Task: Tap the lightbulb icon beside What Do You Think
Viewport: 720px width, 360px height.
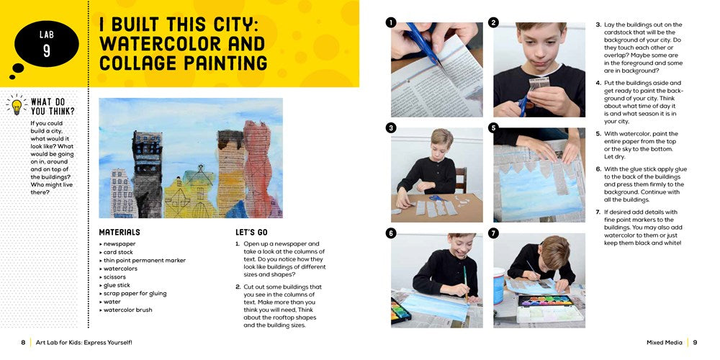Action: (x=15, y=105)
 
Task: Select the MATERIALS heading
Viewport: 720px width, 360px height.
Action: (x=120, y=233)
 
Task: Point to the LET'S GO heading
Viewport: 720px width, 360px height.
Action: (x=251, y=233)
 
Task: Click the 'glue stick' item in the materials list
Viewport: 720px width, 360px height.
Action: (x=117, y=285)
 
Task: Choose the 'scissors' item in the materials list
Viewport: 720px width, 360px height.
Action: (x=116, y=277)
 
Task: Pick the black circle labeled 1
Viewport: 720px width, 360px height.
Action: (x=391, y=22)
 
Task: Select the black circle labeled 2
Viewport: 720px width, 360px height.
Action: (x=493, y=22)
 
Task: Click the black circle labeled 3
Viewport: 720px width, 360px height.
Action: (x=391, y=128)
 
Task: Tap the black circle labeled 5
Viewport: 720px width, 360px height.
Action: (x=493, y=128)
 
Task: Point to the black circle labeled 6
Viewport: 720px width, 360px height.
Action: (x=391, y=233)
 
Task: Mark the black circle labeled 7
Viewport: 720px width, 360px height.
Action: (x=493, y=233)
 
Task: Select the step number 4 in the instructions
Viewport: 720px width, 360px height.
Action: (x=598, y=83)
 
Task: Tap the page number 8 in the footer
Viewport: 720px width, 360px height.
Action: (x=23, y=343)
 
